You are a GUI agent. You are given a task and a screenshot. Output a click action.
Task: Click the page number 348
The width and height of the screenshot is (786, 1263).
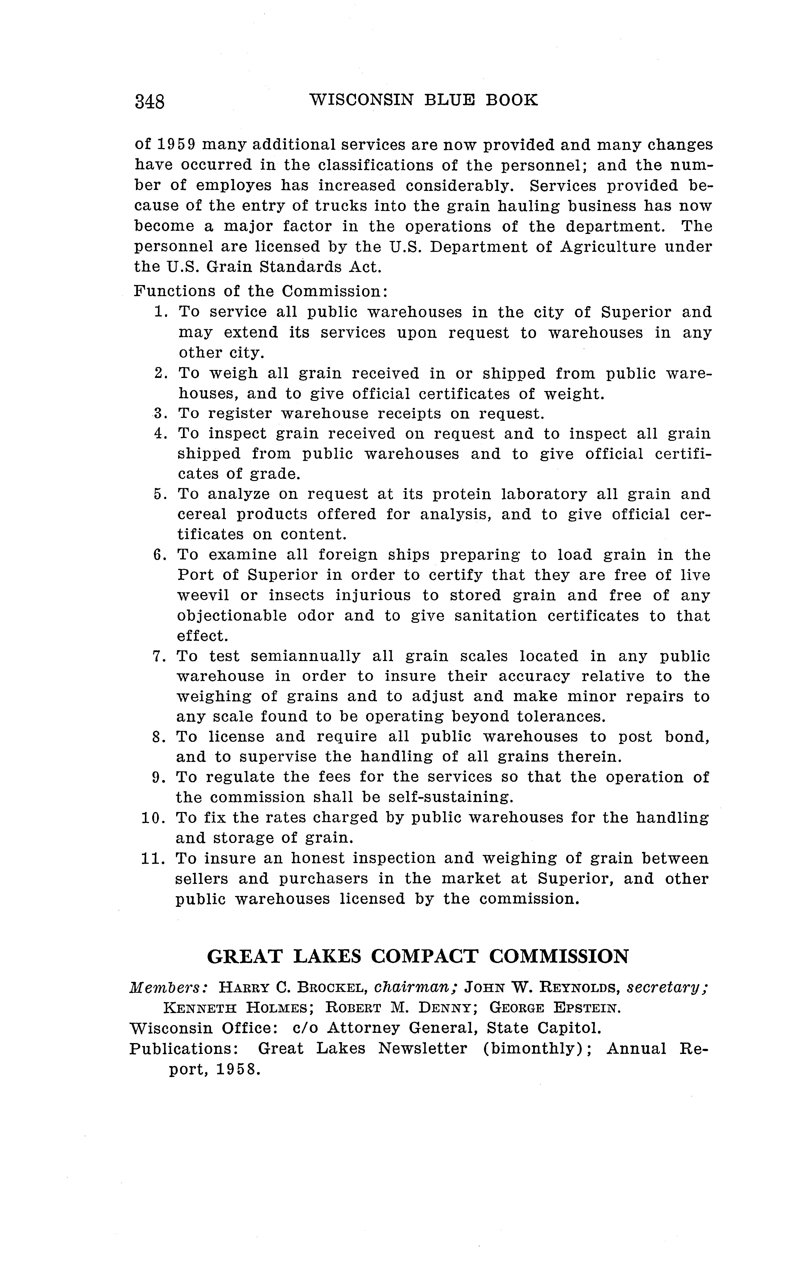[150, 101]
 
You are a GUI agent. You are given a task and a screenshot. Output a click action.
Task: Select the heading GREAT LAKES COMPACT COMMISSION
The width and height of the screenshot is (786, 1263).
[418, 956]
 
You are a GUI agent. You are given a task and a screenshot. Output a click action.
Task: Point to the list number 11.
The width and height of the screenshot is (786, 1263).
[153, 858]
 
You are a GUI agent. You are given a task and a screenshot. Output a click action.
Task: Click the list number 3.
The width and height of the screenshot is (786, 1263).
[159, 414]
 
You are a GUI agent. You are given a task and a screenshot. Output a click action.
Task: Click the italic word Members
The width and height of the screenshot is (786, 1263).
[169, 987]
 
